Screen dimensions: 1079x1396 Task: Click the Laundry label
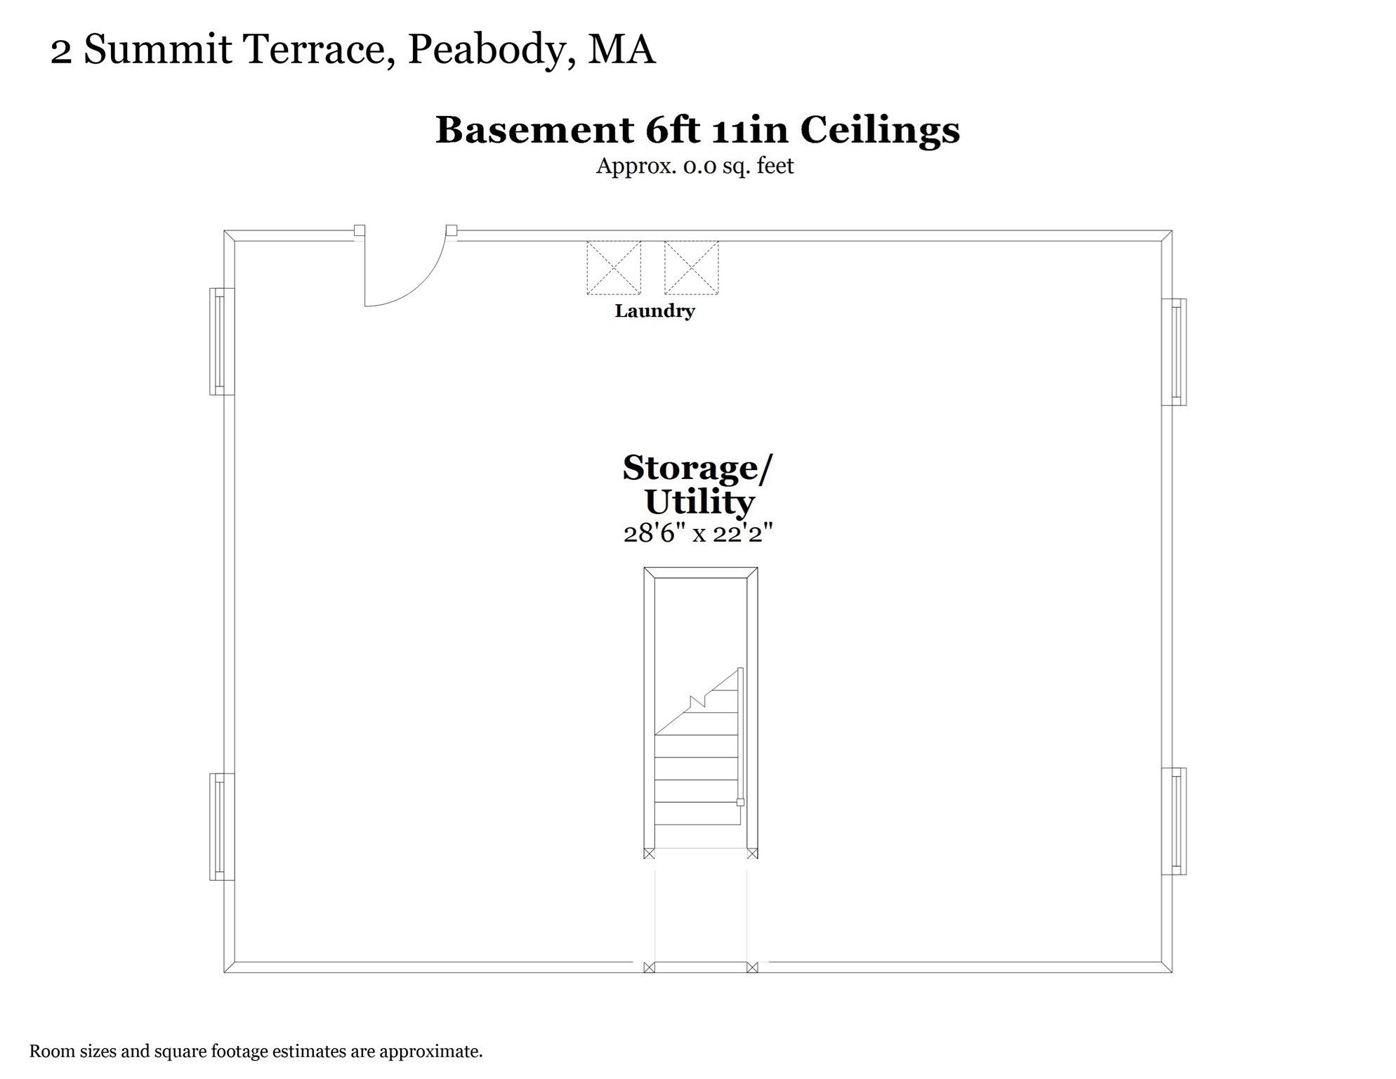(654, 310)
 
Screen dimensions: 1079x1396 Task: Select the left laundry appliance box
(614, 268)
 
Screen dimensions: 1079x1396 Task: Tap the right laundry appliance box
(691, 268)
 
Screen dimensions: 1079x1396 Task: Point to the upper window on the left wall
(220, 341)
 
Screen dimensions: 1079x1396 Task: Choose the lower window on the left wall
(220, 827)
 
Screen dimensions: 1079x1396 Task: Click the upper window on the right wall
(1175, 352)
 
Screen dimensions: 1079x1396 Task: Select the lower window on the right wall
(1175, 821)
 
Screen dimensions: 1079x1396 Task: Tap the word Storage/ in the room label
(697, 468)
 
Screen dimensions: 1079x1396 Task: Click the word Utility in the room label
(699, 502)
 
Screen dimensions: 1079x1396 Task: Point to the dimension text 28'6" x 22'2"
(698, 533)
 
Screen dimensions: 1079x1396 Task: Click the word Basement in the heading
(534, 130)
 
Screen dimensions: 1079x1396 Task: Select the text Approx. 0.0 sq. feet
(694, 166)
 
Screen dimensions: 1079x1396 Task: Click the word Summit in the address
(157, 50)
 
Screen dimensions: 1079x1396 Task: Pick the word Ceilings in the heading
(879, 130)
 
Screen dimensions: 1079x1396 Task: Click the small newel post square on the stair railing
(740, 802)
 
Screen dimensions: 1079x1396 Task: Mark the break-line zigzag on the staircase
(697, 701)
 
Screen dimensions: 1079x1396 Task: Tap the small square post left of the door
(359, 230)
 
